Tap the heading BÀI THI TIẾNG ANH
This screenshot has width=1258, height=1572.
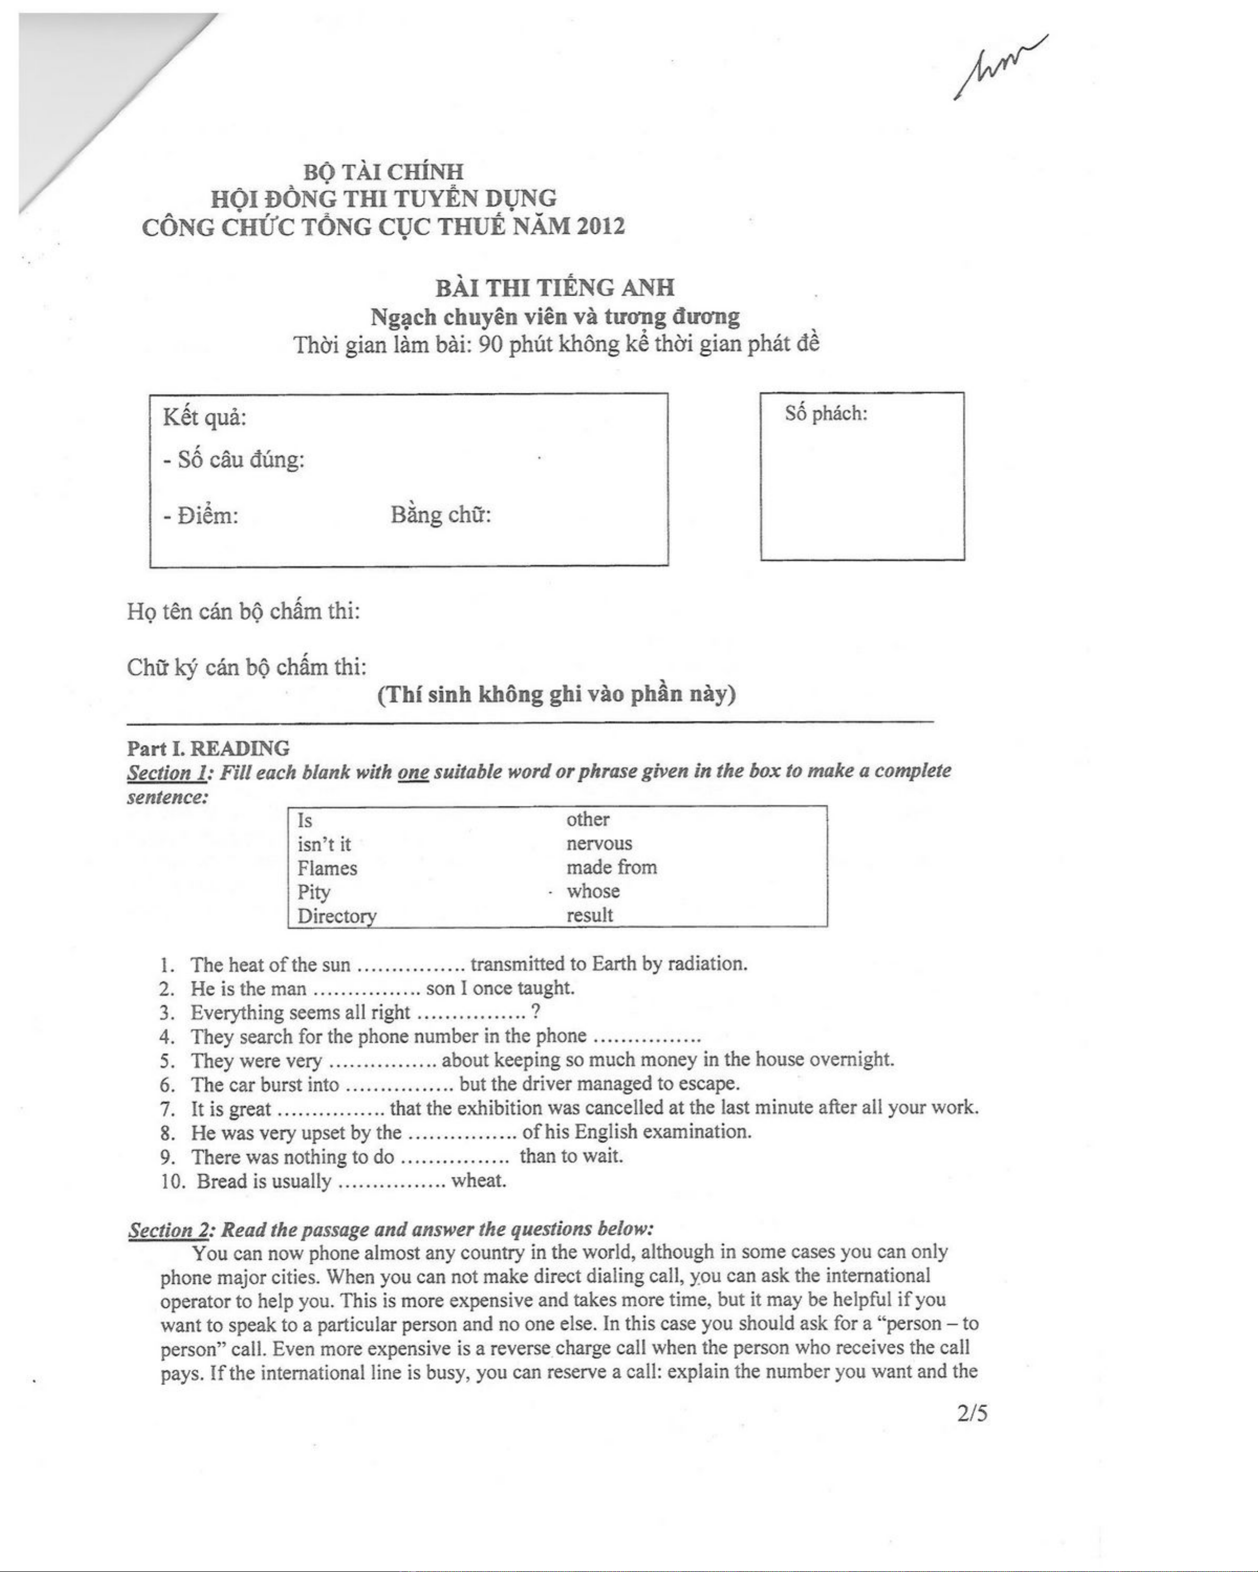555,288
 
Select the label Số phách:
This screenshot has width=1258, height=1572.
826,414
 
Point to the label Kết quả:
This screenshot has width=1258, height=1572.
205,418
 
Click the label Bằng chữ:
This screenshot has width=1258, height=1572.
441,515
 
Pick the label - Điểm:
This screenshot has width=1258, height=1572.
201,516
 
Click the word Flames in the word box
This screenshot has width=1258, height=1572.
327,869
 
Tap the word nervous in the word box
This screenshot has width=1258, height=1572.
599,843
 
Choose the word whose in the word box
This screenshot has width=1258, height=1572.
593,891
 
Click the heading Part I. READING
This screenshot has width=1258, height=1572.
208,748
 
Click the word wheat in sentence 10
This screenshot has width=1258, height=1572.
478,1181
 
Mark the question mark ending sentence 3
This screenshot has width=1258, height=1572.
536,1012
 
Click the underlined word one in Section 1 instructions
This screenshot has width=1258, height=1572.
413,772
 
